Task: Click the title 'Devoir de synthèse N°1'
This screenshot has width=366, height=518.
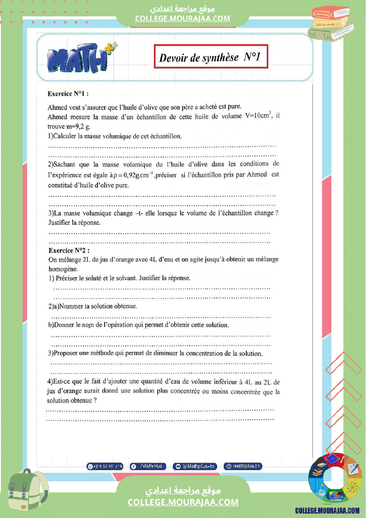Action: tap(210, 57)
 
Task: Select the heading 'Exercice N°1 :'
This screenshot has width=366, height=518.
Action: tap(68, 94)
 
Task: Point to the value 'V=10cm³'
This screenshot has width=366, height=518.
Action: tap(258, 116)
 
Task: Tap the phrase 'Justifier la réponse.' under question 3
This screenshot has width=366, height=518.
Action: tap(74, 222)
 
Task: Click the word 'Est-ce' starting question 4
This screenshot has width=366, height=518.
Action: tap(61, 382)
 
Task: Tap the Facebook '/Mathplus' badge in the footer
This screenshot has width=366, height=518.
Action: tap(148, 466)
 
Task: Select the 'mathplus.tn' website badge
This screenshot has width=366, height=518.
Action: tap(243, 466)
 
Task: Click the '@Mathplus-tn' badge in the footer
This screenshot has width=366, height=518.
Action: tap(195, 466)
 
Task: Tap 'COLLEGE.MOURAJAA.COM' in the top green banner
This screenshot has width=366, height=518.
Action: tap(183, 18)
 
